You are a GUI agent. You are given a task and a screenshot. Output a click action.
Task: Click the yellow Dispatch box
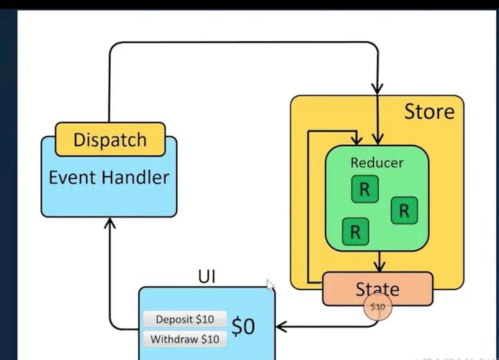[109, 140]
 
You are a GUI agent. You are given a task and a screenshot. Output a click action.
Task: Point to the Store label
[429, 112]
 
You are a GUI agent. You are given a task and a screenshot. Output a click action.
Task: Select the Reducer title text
[377, 163]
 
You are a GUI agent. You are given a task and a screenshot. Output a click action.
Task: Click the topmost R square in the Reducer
[364, 189]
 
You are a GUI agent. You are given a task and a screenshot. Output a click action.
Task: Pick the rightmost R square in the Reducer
[404, 210]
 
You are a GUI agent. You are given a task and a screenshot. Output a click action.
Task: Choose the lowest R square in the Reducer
[355, 232]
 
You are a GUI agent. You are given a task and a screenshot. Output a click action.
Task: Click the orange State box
[377, 288]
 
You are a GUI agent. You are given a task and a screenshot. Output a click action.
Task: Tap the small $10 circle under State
[377, 307]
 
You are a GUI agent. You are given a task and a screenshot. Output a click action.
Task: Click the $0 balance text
[243, 327]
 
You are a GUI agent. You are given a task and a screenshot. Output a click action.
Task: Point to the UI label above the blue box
[207, 276]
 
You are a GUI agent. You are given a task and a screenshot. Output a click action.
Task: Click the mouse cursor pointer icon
[271, 285]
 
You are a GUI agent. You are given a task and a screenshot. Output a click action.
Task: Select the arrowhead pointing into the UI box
[282, 327]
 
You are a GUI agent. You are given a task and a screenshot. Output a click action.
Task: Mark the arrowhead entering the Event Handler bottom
[109, 224]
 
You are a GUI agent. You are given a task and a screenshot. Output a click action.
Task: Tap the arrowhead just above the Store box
[377, 87]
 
